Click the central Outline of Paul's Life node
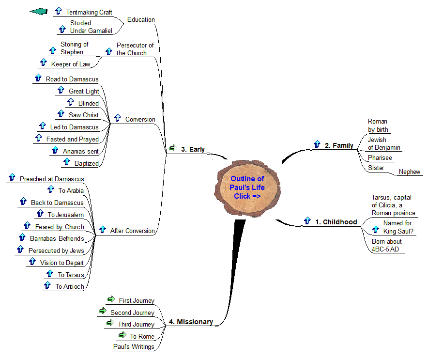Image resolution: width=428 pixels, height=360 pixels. [247, 188]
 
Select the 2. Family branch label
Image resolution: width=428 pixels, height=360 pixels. [339, 145]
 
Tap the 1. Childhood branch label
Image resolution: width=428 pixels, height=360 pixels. [336, 222]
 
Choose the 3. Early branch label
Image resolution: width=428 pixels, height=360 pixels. [193, 149]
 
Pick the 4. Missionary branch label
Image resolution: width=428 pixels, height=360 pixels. [191, 322]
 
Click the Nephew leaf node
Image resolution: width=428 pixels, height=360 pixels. [409, 172]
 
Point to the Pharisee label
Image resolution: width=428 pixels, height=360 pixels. [380, 158]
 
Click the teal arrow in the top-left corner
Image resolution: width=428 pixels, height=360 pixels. [38, 11]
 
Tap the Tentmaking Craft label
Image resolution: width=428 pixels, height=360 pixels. [89, 12]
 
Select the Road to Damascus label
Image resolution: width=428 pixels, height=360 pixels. [72, 79]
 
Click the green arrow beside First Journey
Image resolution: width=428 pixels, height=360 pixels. [111, 300]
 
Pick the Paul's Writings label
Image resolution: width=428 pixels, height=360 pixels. [134, 346]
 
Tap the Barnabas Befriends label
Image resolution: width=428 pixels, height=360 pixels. [57, 238]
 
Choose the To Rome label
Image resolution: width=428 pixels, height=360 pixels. [142, 336]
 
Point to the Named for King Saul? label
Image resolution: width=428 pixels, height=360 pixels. [397, 227]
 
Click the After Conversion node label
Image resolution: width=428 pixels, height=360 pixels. [132, 231]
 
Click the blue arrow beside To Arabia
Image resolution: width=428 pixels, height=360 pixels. [50, 190]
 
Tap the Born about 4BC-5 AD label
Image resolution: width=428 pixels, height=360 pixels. [386, 245]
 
